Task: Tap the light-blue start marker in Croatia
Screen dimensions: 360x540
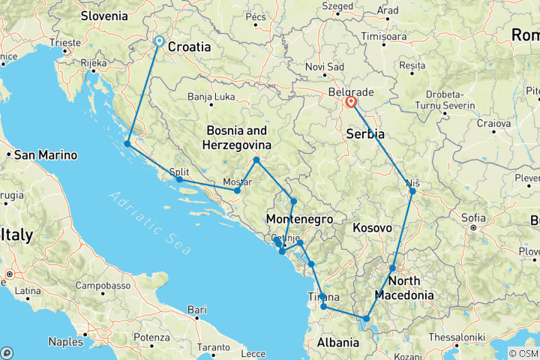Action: [x=159, y=42]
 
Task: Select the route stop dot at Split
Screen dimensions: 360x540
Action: [x=179, y=179]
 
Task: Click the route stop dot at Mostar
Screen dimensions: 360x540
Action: [x=237, y=190]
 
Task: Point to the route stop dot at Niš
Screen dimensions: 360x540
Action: [x=412, y=191]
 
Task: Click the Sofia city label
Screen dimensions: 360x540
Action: [x=485, y=219]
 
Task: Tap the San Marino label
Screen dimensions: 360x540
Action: [x=46, y=156]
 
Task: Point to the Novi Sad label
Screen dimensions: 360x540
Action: [x=325, y=67]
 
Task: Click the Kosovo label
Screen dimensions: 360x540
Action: [x=372, y=227]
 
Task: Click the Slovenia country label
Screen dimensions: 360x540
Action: [x=104, y=15]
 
